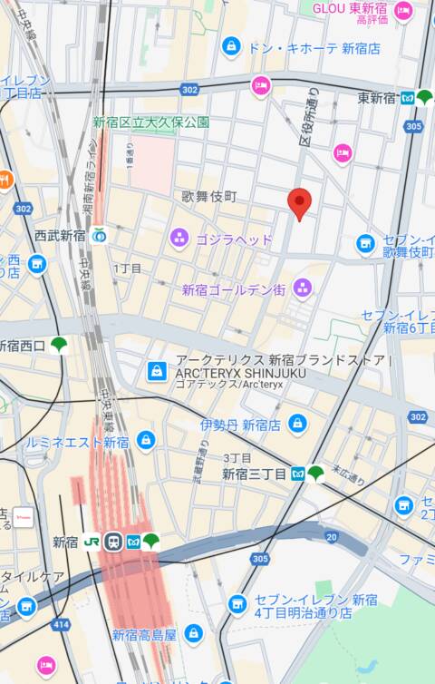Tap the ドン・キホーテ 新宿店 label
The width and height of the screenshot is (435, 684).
coord(314,48)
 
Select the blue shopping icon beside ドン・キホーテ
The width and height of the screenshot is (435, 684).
coord(232,45)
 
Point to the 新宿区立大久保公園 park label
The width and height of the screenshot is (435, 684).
coord(150,122)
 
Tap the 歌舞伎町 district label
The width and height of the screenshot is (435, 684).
coord(208,196)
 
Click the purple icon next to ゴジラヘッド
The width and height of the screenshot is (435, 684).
coord(179,239)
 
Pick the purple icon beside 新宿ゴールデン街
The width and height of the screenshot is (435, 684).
coord(303,288)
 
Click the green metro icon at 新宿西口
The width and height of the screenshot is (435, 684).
coord(59,344)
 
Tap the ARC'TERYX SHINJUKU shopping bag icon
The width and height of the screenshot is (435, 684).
coord(157,371)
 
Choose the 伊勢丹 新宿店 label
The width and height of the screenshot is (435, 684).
coord(240,425)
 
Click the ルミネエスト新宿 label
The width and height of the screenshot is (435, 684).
coord(91,442)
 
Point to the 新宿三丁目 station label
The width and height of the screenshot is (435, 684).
coord(255,474)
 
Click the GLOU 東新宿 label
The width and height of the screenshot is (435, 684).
coord(351,8)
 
